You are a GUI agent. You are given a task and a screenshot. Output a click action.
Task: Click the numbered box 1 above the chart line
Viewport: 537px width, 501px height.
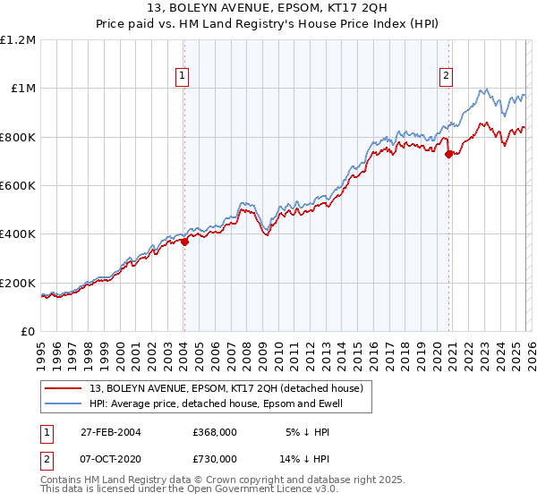coord(183,77)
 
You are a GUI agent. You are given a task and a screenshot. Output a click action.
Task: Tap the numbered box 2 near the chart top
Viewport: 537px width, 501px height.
coord(446,77)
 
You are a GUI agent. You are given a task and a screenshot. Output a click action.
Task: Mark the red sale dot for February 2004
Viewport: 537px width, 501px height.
coord(184,242)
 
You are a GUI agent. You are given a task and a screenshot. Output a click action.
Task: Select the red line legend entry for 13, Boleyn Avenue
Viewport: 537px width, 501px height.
coord(226,389)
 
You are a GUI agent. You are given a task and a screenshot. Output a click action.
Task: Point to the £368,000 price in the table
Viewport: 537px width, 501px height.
coord(215,432)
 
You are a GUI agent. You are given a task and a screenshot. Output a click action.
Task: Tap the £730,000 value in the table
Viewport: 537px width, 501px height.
coord(215,459)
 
